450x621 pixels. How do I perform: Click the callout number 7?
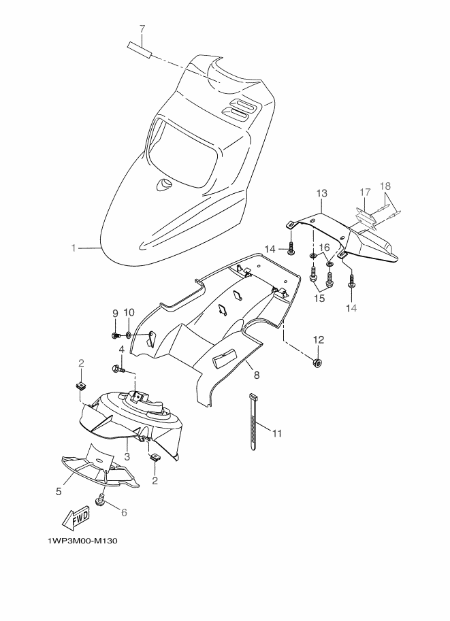pyautogui.click(x=142, y=29)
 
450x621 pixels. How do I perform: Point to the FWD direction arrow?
pyautogui.click(x=76, y=518)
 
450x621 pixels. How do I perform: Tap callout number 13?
pyautogui.click(x=322, y=195)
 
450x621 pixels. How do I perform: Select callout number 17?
pyautogui.click(x=364, y=192)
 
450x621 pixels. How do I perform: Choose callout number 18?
pyautogui.click(x=385, y=186)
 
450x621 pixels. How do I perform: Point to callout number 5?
pyautogui.click(x=59, y=490)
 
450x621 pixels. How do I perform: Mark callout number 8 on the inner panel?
pyautogui.click(x=257, y=373)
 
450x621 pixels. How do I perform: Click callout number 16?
pyautogui.click(x=325, y=247)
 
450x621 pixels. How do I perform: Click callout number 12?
pyautogui.click(x=318, y=339)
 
